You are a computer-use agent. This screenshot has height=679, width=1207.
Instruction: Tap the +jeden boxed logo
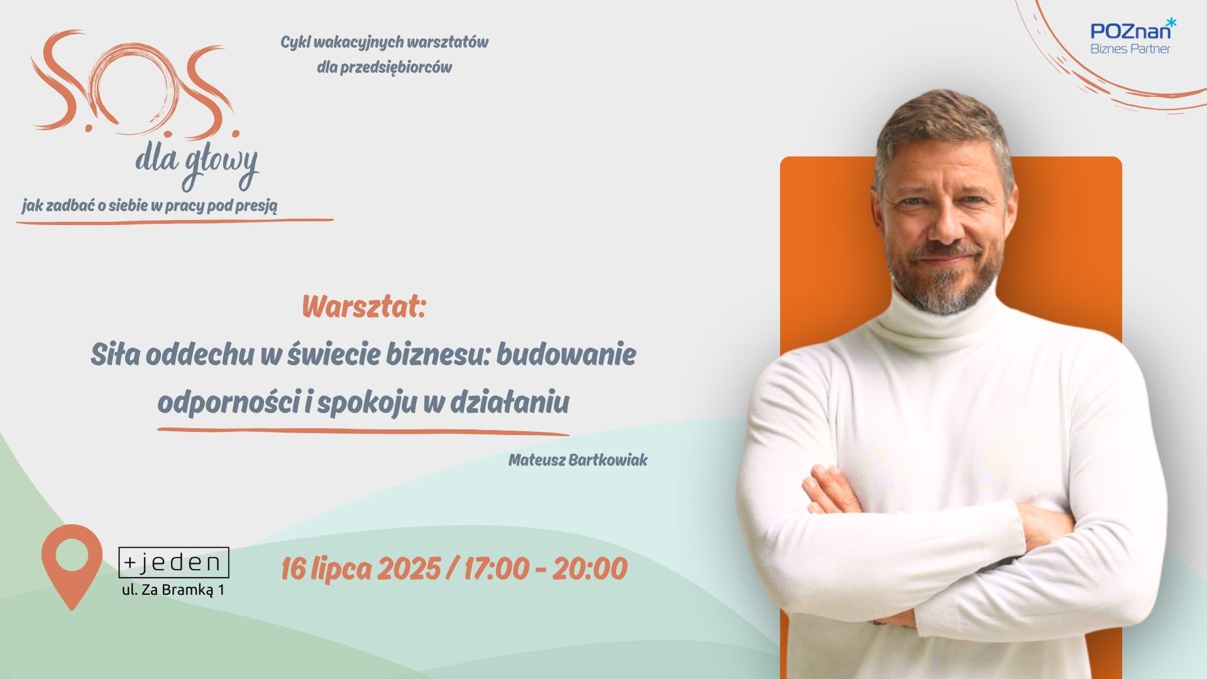174,563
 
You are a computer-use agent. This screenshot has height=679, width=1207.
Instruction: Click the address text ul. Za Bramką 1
173,590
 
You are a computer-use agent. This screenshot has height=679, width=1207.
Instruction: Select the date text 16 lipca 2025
360,568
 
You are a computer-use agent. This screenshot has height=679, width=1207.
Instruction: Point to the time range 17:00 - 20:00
546,568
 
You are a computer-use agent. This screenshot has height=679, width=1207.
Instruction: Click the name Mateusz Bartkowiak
578,460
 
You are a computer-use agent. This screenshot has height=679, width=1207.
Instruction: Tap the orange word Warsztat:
364,307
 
